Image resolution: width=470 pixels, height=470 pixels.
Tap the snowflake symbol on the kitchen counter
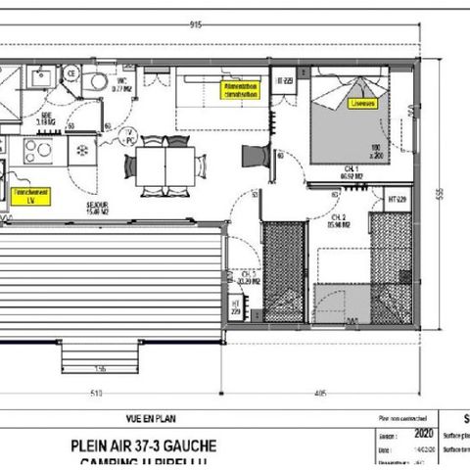[83, 151]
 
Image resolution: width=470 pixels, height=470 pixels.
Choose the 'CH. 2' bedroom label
[339, 218]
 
